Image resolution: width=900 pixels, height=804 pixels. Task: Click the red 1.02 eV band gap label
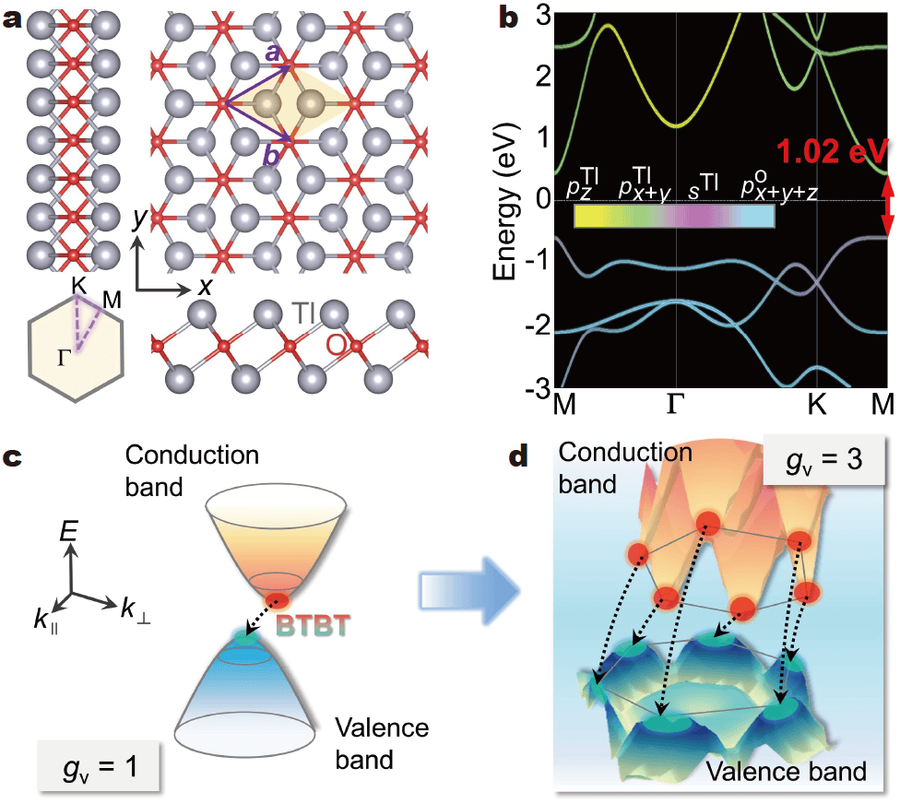[x=834, y=150]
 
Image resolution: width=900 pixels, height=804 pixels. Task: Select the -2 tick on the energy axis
[x=537, y=325]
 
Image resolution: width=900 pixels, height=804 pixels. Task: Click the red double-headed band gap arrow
[x=887, y=208]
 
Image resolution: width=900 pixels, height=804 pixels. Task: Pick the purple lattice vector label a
[x=272, y=53]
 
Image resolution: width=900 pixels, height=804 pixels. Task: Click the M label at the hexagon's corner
[x=113, y=300]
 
